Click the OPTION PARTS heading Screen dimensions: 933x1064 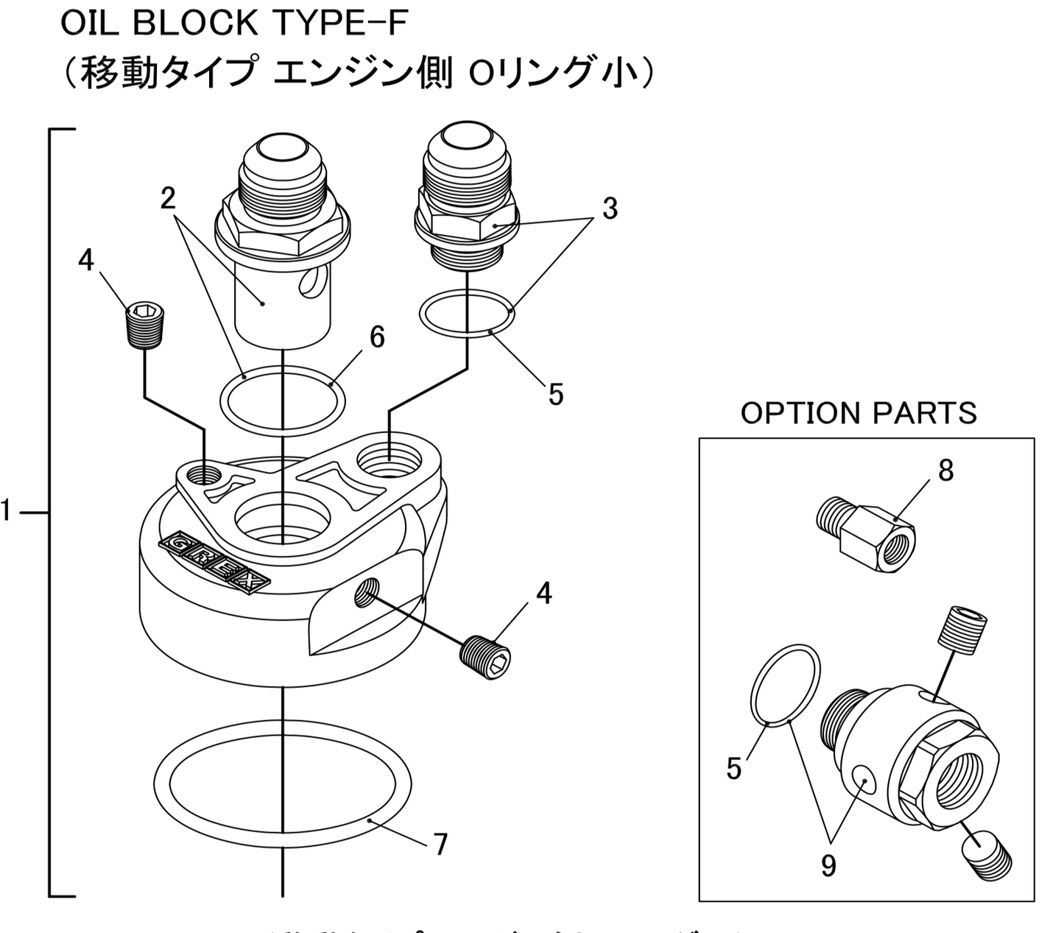[x=859, y=413]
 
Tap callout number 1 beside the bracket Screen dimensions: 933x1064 [x=7, y=510]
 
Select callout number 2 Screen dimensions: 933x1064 [x=169, y=198]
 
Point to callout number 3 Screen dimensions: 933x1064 [x=610, y=209]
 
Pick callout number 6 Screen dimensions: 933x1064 [x=377, y=337]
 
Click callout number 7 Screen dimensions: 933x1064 [x=440, y=845]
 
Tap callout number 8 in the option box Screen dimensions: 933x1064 [x=945, y=470]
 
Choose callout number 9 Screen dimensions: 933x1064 [x=828, y=865]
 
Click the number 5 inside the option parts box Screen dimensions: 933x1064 [x=733, y=769]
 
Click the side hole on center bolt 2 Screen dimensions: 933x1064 [x=313, y=282]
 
